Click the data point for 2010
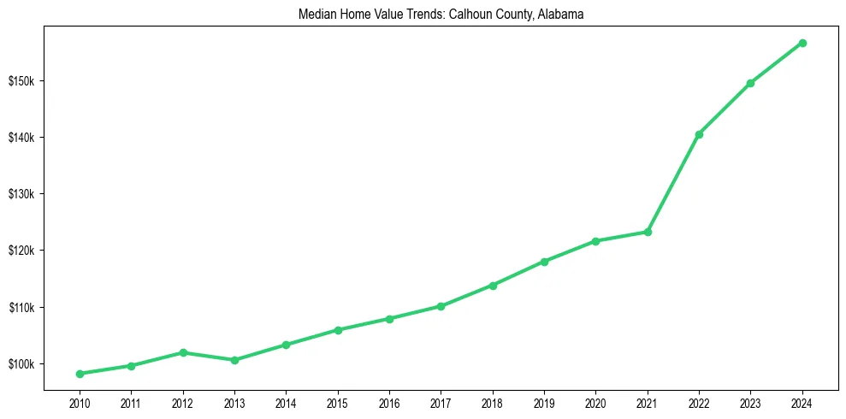(80, 374)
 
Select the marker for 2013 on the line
(234, 360)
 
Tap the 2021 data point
(648, 232)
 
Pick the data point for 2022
(699, 134)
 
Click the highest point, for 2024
(802, 43)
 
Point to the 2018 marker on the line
(493, 286)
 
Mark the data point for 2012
(183, 352)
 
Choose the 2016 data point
(389, 319)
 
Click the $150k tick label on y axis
(21, 81)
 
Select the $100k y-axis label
(21, 364)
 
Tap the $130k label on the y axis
(21, 194)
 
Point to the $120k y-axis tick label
(21, 251)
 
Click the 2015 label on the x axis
(338, 403)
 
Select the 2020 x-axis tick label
(595, 403)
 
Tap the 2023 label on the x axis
(750, 403)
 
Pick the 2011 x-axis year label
(131, 403)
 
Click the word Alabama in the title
(560, 15)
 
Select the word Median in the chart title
(317, 15)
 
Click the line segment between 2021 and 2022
(673, 183)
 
